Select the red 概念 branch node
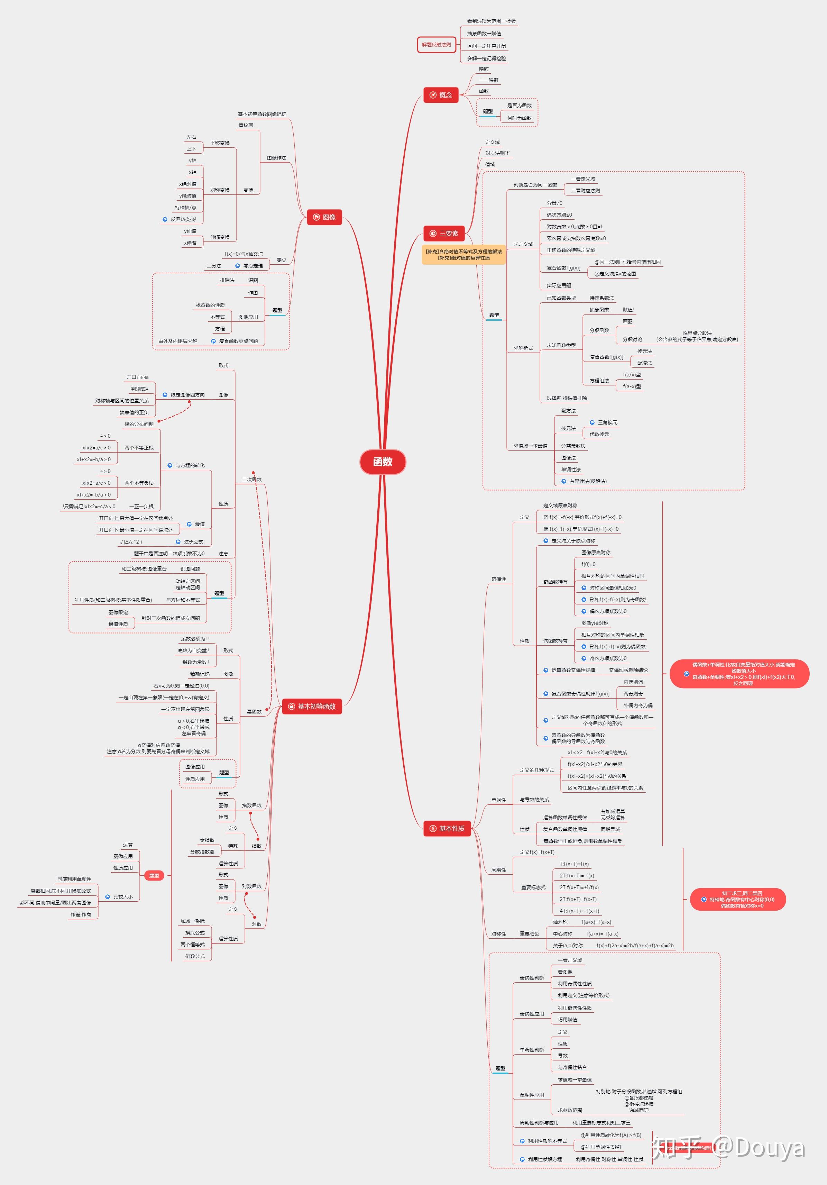coord(441,95)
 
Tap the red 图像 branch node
coord(324,217)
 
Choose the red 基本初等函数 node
coord(312,706)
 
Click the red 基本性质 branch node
coord(447,828)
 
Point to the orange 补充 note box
coord(463,254)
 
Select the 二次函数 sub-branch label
coord(252,480)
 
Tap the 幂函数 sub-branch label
coord(254,712)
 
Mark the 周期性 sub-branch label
coord(498,870)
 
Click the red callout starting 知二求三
coord(738,899)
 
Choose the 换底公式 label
coord(195,933)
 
